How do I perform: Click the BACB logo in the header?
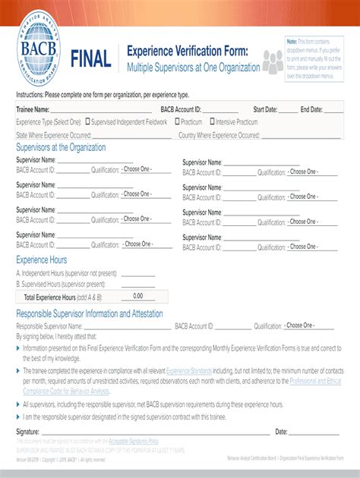[39, 54]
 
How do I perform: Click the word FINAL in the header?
[90, 58]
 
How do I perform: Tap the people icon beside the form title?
[273, 61]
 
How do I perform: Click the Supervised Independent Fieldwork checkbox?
[88, 121]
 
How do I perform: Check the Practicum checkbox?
[176, 121]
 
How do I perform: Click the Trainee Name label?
[33, 110]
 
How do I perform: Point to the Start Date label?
[265, 110]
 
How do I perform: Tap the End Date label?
[311, 110]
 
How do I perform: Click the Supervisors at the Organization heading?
[61, 147]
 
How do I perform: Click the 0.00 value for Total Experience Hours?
[137, 296]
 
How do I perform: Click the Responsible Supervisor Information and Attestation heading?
[90, 313]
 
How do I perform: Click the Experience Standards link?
[190, 371]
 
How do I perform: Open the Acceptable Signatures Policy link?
[134, 440]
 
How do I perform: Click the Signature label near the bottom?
[28, 431]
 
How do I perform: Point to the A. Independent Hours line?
[67, 272]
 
